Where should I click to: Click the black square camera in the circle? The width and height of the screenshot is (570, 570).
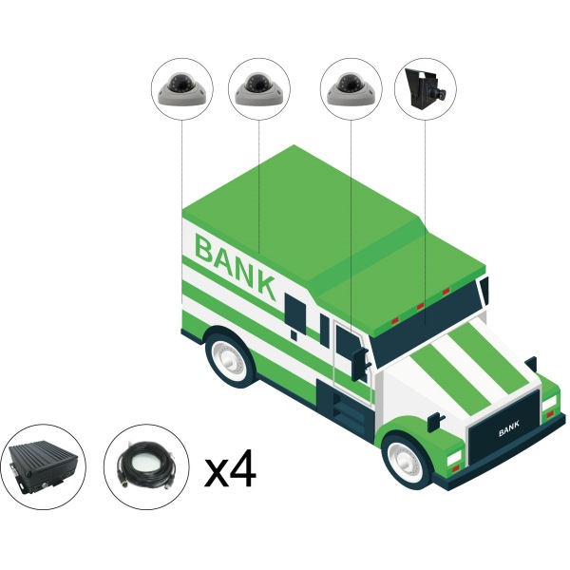pos(426,88)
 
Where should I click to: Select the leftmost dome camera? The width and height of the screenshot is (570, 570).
pos(181,89)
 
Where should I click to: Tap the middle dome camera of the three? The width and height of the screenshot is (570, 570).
pos(258,89)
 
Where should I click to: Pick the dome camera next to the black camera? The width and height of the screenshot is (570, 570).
pos(351,89)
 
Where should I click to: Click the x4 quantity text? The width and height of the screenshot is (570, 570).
pos(231,468)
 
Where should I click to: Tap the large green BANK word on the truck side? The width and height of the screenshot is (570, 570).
pos(236,266)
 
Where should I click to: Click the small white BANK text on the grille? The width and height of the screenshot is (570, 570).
pos(509,428)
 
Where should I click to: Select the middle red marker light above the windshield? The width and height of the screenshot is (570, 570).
pos(420,306)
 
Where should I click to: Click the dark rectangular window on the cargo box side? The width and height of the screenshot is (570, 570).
pos(294,311)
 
